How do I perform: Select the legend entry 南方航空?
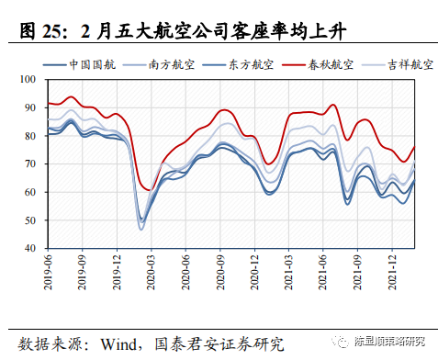(164, 65)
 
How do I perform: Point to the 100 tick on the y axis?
(29, 80)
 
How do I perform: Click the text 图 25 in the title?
(41, 35)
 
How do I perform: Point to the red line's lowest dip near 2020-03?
(149, 190)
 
